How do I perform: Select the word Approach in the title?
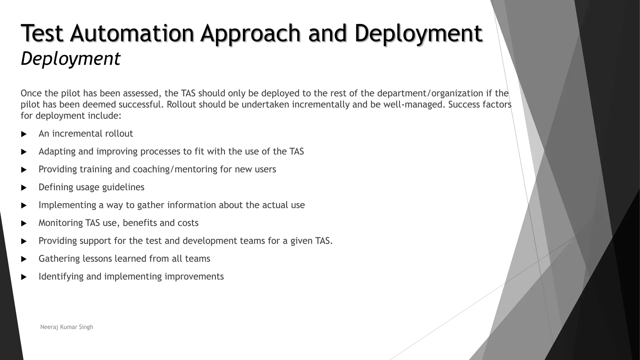pyautogui.click(x=250, y=33)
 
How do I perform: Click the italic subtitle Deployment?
pyautogui.click(x=70, y=58)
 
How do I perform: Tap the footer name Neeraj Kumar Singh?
pyautogui.click(x=67, y=327)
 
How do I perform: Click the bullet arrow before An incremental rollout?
pyautogui.click(x=24, y=134)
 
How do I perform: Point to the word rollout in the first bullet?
pyautogui.click(x=119, y=134)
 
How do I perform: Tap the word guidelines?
pyautogui.click(x=123, y=187)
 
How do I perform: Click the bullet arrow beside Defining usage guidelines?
pyautogui.click(x=24, y=188)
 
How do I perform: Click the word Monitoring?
pyautogui.click(x=61, y=223)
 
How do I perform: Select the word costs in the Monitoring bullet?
pyautogui.click(x=188, y=223)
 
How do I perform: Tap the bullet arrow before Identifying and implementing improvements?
pyautogui.click(x=24, y=277)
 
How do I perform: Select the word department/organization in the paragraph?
pyautogui.click(x=430, y=93)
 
